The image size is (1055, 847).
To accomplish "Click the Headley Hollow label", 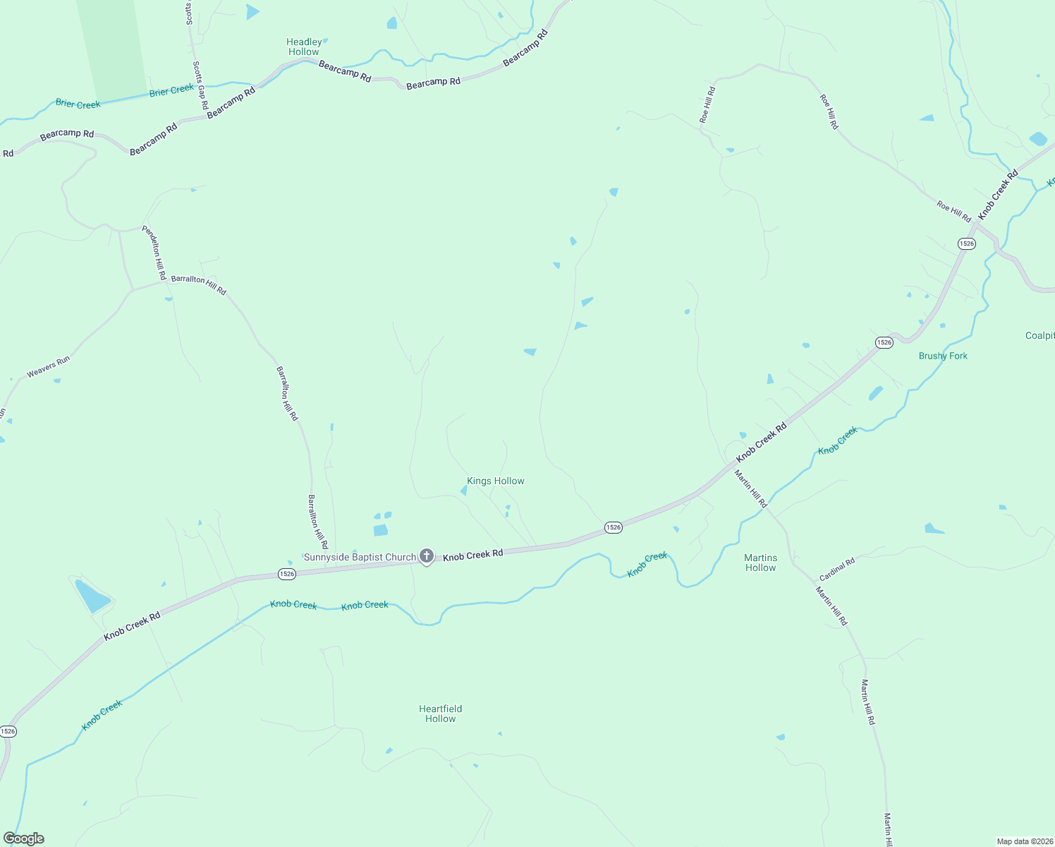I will tap(304, 47).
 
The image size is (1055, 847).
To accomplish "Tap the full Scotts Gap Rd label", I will tap(200, 85).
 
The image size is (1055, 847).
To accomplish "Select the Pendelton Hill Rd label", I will tap(154, 252).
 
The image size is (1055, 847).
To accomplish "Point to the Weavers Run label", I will tap(49, 367).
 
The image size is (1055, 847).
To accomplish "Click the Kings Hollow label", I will tap(496, 481).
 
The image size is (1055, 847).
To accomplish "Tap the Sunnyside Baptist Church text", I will tap(360, 557).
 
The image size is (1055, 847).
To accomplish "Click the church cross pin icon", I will tap(427, 556).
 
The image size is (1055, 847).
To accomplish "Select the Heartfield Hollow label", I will tap(441, 714).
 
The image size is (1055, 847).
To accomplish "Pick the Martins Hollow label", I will tap(760, 563).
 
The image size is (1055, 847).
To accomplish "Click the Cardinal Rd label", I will tap(837, 569).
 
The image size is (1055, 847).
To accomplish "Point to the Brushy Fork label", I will tap(943, 356).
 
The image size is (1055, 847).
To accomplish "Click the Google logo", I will tap(24, 839).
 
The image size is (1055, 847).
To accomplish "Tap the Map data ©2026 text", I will tap(1024, 841).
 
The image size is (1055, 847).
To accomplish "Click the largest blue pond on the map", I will tap(92, 596).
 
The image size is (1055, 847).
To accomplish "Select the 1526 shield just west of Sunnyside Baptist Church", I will tap(286, 574).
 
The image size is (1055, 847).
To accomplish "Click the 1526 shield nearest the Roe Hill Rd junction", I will tap(966, 244).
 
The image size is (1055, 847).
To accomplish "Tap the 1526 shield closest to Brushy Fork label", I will tap(884, 342).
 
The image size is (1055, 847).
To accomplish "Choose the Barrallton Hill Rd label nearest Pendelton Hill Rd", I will tap(199, 284).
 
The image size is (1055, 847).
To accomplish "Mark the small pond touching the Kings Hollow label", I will tap(463, 490).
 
